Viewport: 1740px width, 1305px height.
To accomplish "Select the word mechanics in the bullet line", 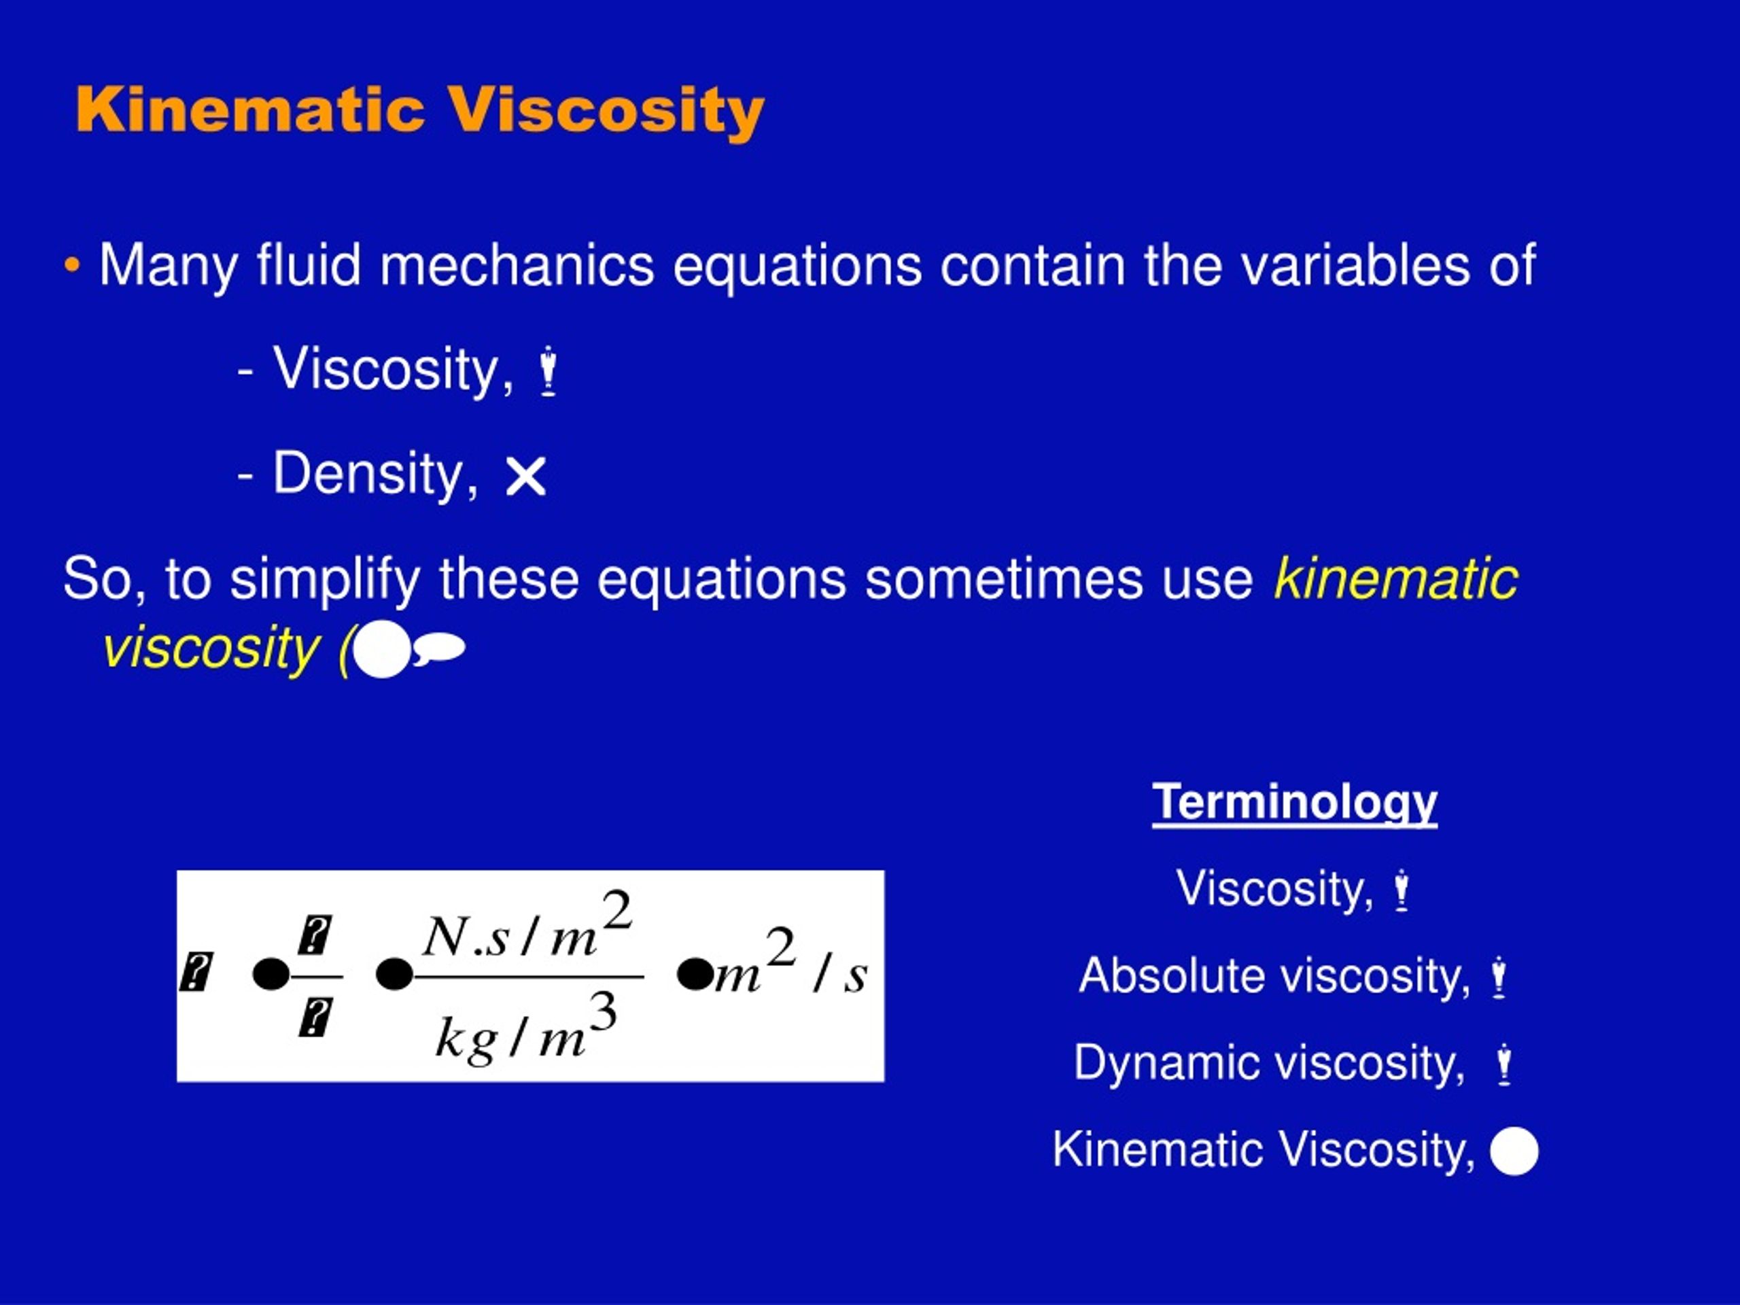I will coord(517,266).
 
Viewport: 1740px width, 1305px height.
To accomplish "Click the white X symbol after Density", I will coord(525,476).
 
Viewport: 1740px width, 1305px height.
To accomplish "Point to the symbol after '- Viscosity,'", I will coord(549,371).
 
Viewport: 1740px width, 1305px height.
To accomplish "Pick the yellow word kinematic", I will coord(1395,579).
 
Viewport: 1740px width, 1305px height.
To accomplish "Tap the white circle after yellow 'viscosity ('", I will coord(382,650).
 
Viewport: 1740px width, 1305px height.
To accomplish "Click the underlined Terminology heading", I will coord(1294,802).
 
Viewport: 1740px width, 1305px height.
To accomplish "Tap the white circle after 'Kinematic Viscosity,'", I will coord(1514,1151).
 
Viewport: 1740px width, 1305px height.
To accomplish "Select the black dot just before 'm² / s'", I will coord(695,975).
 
